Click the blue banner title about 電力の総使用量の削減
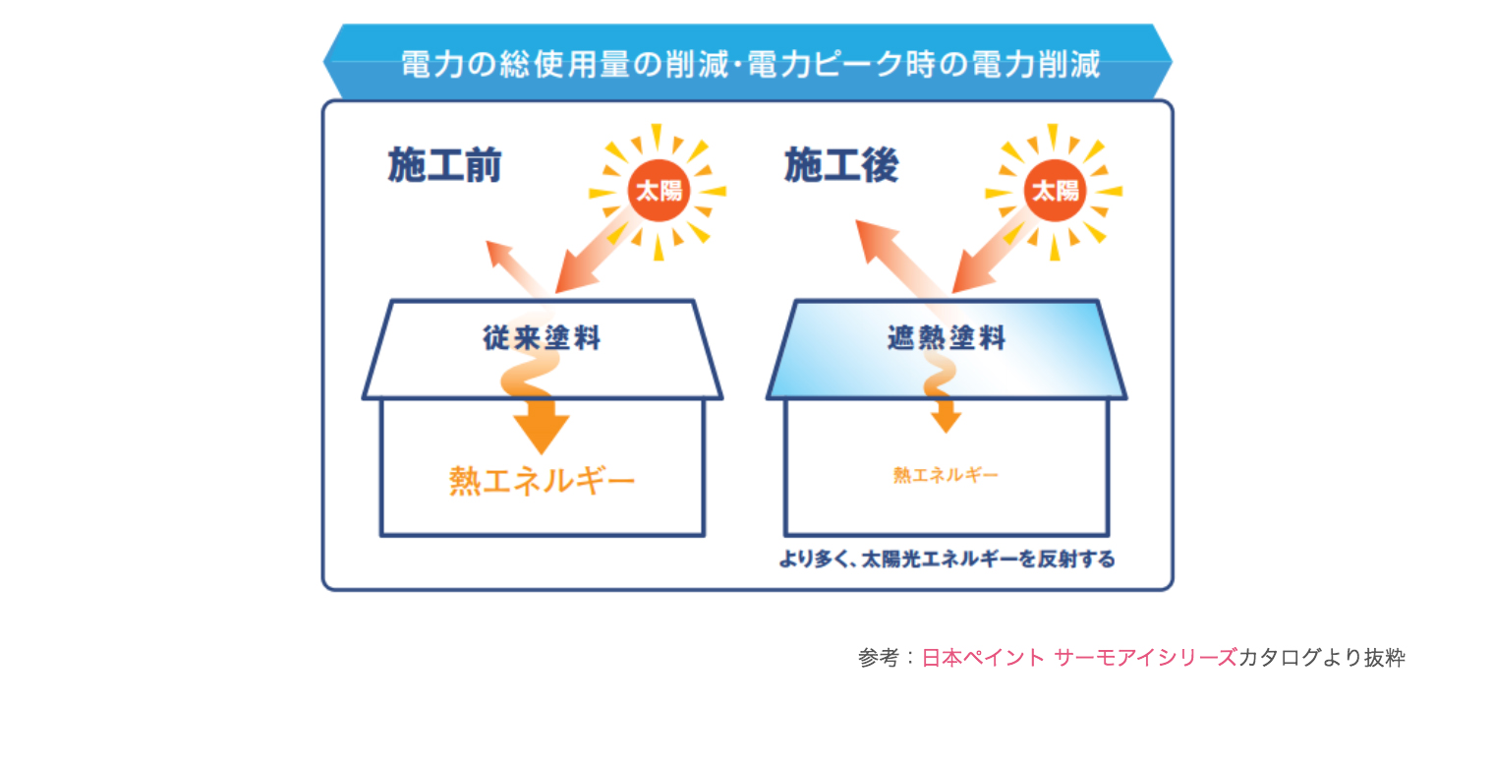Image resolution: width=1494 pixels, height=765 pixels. (x=750, y=65)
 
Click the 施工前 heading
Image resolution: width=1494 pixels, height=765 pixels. (x=444, y=165)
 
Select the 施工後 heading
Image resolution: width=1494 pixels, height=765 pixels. (x=841, y=165)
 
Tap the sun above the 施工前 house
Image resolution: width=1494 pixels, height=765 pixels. (x=659, y=192)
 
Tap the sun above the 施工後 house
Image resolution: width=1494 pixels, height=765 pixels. (x=1055, y=192)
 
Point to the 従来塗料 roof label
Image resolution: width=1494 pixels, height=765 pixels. (x=542, y=338)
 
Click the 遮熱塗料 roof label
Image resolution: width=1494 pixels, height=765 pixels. (x=947, y=338)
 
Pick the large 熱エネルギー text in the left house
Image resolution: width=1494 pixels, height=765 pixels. (x=542, y=481)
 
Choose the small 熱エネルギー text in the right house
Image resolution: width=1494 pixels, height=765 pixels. (x=946, y=475)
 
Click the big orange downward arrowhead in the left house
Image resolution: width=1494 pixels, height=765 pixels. (x=542, y=434)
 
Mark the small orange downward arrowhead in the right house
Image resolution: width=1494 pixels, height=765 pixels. (x=946, y=422)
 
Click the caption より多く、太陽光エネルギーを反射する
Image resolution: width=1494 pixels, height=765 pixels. (x=948, y=559)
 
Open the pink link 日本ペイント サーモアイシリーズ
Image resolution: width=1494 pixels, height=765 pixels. (x=1079, y=658)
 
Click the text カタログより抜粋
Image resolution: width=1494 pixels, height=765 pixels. (x=1321, y=658)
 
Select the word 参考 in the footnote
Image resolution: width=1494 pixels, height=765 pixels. (x=879, y=658)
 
